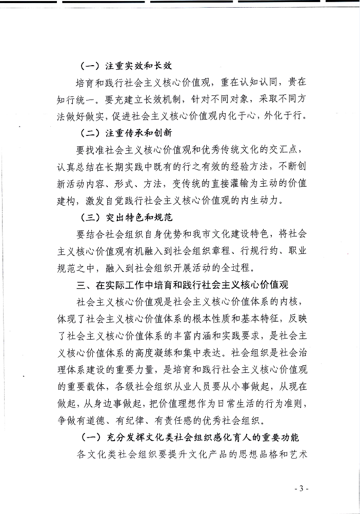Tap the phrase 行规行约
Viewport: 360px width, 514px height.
click(241, 251)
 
